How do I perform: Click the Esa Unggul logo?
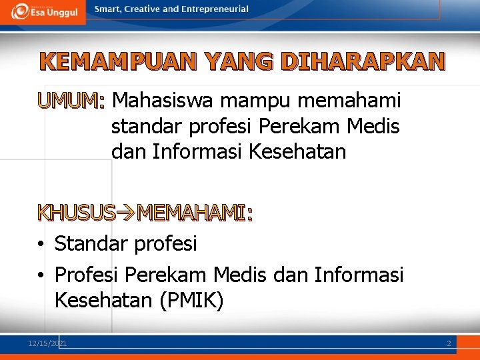click(44, 11)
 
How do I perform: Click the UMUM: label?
click(71, 101)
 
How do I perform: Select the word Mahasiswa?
click(163, 101)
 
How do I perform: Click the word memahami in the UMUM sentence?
click(350, 101)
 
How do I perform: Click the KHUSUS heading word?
click(77, 213)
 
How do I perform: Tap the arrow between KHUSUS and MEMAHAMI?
click(126, 213)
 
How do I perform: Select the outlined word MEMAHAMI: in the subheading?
click(195, 213)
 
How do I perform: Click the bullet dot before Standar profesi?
click(41, 245)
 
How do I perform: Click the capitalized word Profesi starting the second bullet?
click(87, 274)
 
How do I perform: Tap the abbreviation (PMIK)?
click(191, 301)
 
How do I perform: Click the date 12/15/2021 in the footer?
click(47, 343)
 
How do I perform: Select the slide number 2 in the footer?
click(449, 343)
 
